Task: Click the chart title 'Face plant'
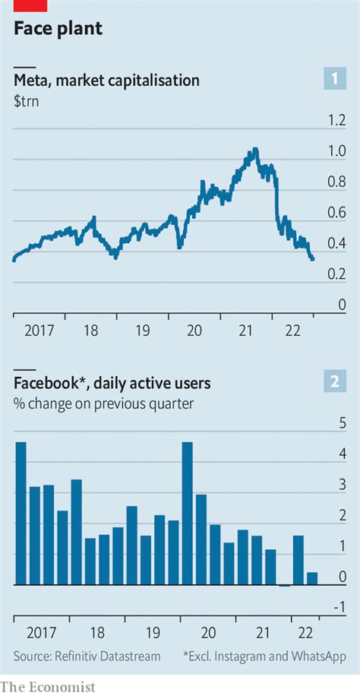[x=58, y=29]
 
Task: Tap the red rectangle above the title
[x=30, y=5]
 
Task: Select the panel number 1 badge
[x=335, y=78]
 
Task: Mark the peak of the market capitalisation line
[x=255, y=149]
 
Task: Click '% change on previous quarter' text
[x=103, y=403]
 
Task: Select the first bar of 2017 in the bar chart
[x=21, y=513]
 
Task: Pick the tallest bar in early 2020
[x=187, y=513]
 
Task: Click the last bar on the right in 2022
[x=311, y=578]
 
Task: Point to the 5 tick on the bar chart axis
[x=342, y=422]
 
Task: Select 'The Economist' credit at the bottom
[x=48, y=686]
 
